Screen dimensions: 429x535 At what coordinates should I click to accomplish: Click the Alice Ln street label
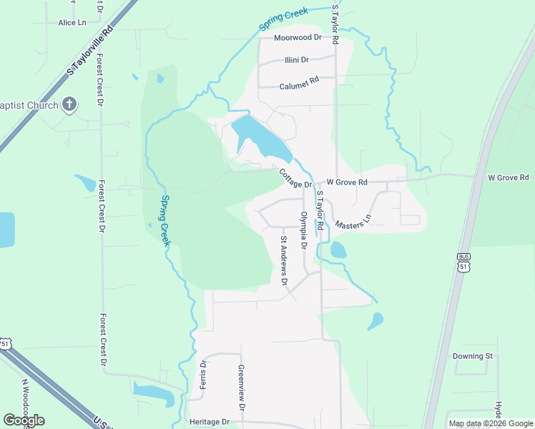point(72,23)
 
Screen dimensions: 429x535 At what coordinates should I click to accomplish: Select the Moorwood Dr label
point(298,37)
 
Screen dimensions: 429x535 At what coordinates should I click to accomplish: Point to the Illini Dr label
point(296,60)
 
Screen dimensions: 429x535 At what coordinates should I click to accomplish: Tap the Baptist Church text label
point(29,105)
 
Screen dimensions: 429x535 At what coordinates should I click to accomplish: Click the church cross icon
point(69,105)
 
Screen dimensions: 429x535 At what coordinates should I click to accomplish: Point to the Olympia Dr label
point(303,230)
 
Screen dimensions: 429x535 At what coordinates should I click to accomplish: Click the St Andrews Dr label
point(284,261)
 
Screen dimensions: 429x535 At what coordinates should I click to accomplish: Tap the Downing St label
point(473,356)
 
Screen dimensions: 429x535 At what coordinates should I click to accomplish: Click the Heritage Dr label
point(209,423)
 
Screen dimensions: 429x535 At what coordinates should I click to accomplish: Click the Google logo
point(24,420)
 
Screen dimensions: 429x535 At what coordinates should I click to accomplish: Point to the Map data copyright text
point(491,423)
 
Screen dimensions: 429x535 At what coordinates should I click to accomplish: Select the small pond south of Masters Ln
point(338,250)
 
